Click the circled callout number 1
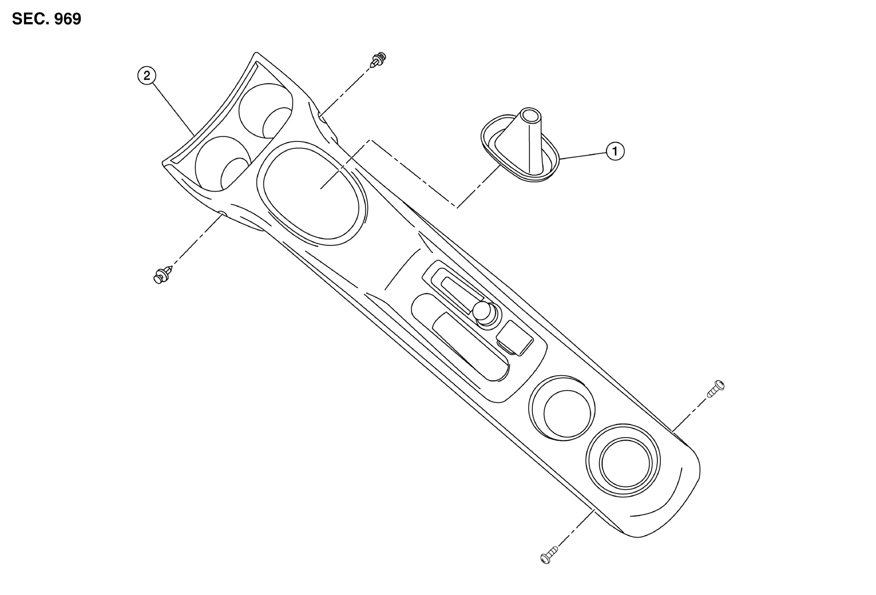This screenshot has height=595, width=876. tap(615, 152)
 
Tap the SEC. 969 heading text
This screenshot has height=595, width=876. tap(47, 19)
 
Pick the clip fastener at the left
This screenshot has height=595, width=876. tap(163, 275)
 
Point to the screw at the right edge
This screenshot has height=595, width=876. tap(716, 389)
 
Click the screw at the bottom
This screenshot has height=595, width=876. tap(549, 554)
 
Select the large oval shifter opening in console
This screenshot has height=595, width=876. tap(311, 193)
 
